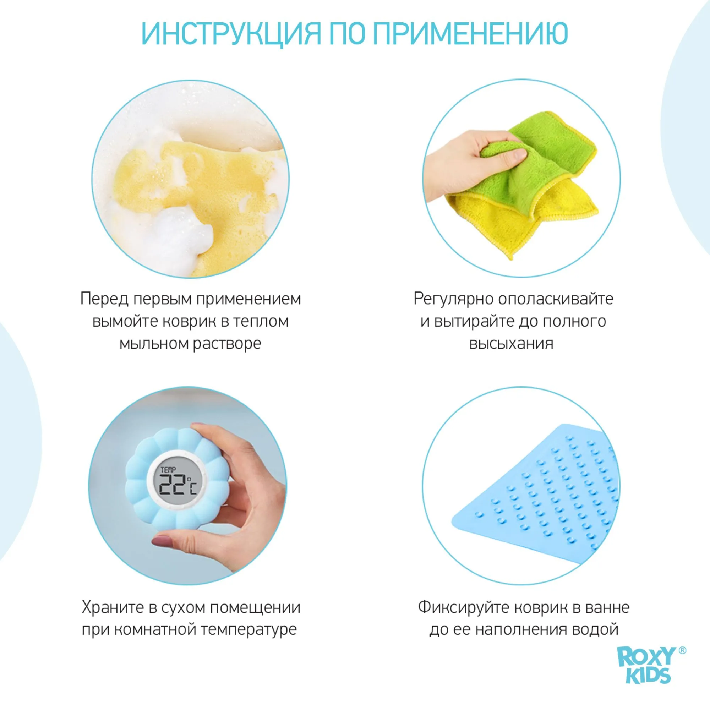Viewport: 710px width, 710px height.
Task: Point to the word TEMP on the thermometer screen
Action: tap(168, 469)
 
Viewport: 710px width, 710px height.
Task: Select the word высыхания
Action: tap(511, 344)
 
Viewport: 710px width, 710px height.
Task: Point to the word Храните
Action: tap(113, 607)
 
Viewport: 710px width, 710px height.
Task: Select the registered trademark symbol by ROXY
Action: tap(682, 651)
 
